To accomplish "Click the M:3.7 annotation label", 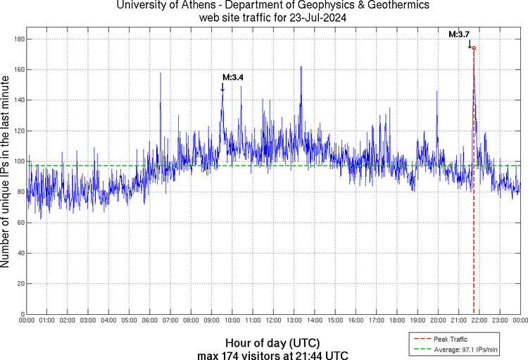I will click(x=460, y=33).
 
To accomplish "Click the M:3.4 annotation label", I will click(x=233, y=77).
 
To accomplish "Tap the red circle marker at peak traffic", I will click(x=474, y=48).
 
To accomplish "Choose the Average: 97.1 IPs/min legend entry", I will click(x=462, y=349).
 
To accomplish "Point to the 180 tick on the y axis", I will click(x=18, y=39).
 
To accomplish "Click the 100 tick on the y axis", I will click(x=18, y=161).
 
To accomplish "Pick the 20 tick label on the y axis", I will click(x=20, y=283).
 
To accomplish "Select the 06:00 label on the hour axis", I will click(x=150, y=321).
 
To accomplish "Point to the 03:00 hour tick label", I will click(x=89, y=321).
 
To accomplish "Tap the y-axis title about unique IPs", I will click(x=6, y=173).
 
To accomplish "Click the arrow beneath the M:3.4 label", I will click(x=222, y=87).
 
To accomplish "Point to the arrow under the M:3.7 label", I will click(x=470, y=44).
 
